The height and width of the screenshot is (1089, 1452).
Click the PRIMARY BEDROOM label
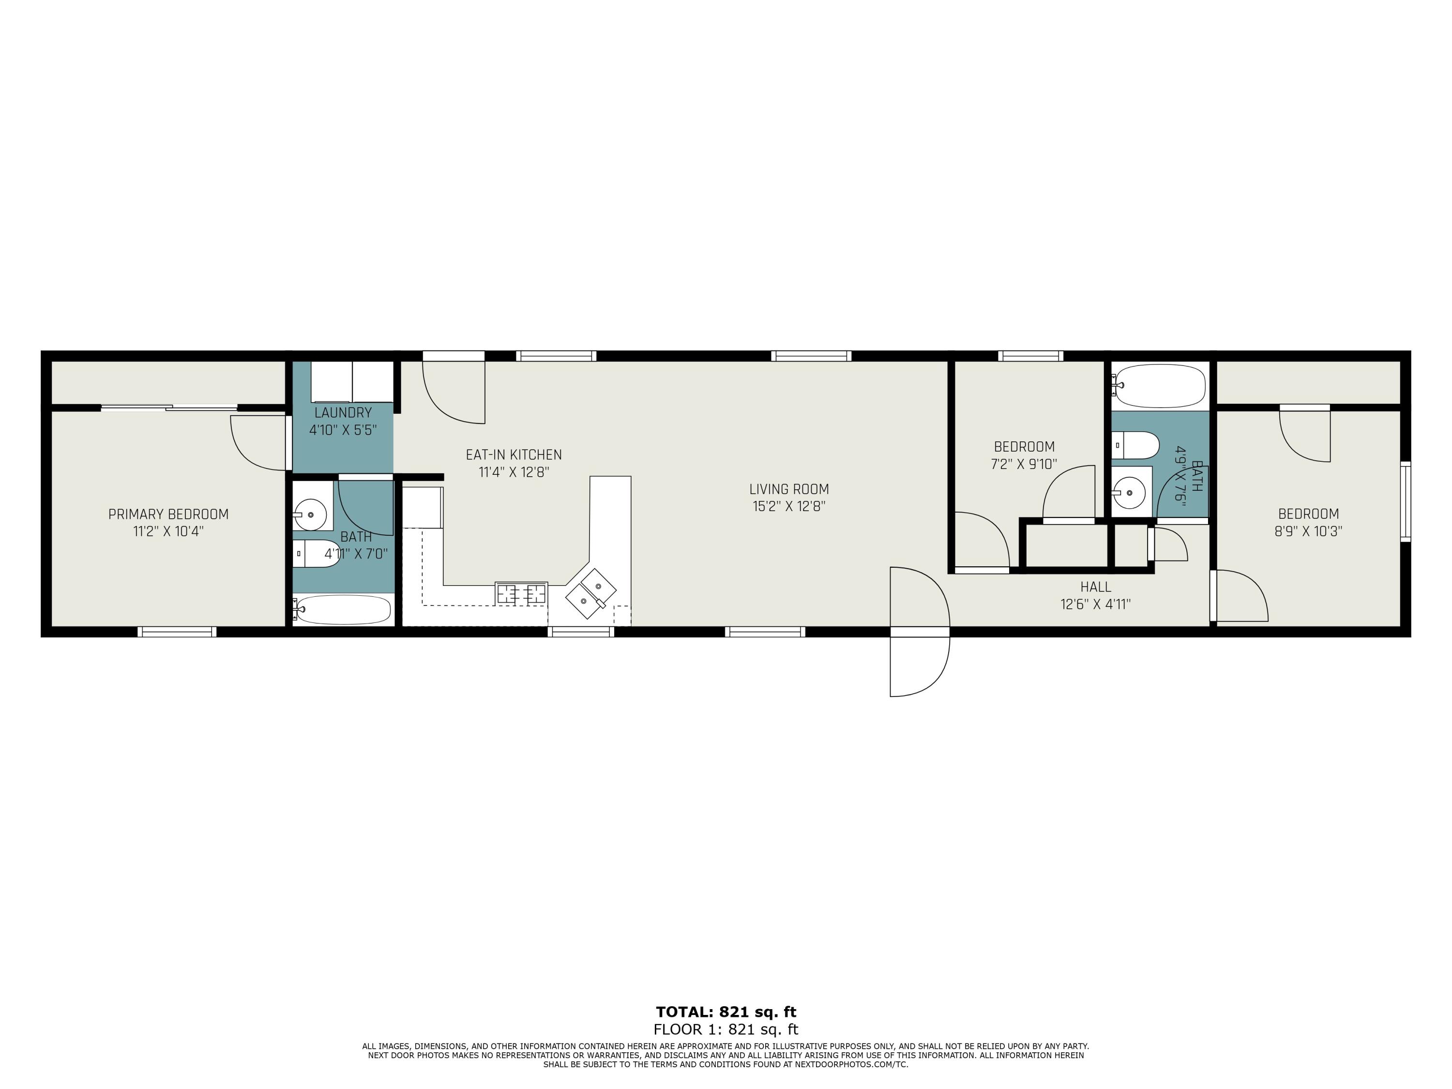pyautogui.click(x=169, y=514)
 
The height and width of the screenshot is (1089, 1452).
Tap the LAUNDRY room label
pyautogui.click(x=343, y=413)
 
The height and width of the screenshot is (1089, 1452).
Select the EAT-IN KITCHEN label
pyautogui.click(x=514, y=455)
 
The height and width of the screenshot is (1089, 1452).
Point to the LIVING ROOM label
pyautogui.click(x=789, y=489)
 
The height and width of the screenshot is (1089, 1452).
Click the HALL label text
pyautogui.click(x=1096, y=587)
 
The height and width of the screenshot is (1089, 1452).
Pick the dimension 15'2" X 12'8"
pyautogui.click(x=789, y=506)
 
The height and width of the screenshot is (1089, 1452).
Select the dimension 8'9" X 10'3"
pyautogui.click(x=1308, y=531)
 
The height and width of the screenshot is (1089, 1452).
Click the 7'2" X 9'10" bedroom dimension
pyautogui.click(x=1024, y=464)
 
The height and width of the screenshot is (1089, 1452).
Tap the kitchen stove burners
pyautogui.click(x=522, y=593)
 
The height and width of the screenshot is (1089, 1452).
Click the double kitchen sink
pyautogui.click(x=591, y=593)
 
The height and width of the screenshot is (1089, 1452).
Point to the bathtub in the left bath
pyautogui.click(x=342, y=610)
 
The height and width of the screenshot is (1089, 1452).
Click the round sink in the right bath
pyautogui.click(x=1130, y=490)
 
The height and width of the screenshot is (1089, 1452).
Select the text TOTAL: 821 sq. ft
pyautogui.click(x=726, y=1012)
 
